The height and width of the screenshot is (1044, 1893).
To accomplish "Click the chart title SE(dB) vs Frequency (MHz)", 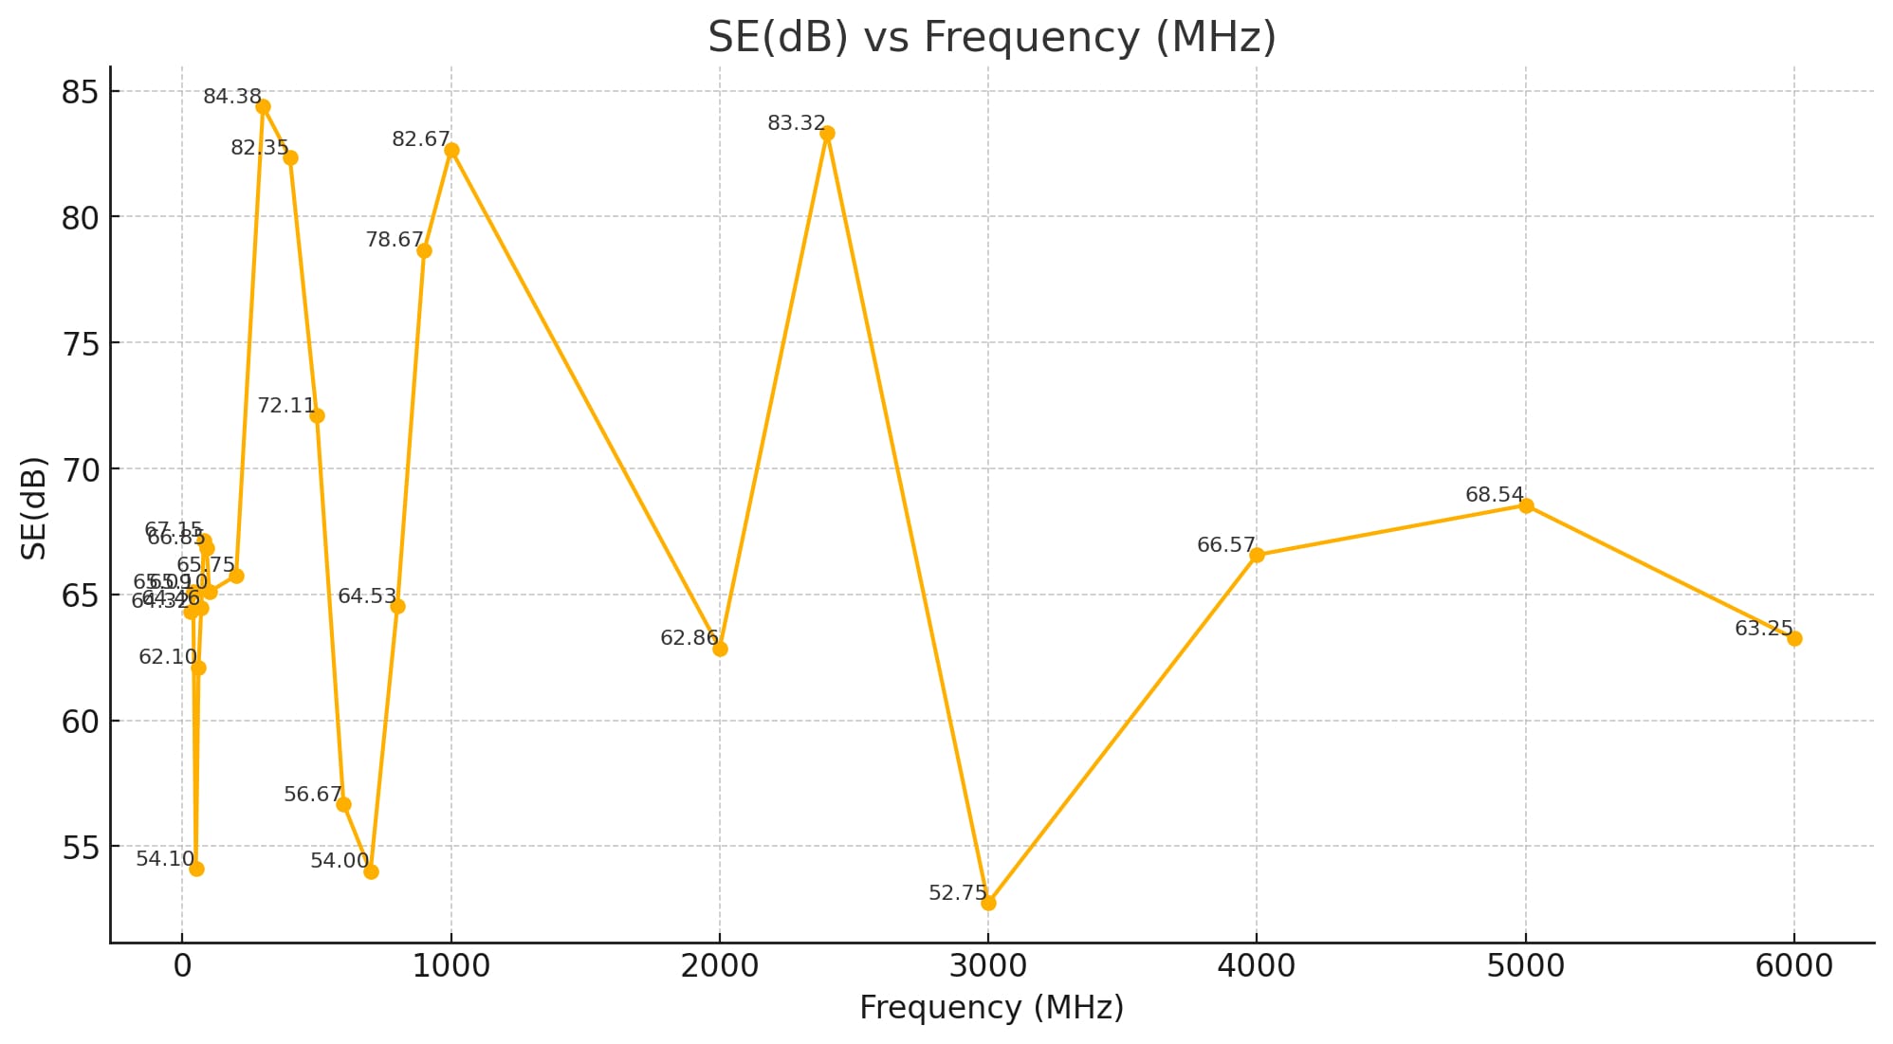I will point(991,38).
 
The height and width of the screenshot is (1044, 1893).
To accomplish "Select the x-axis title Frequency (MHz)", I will point(991,1007).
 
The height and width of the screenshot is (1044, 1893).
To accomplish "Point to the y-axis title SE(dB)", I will point(34,507).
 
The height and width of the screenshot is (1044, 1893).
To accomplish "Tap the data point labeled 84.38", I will point(263,107).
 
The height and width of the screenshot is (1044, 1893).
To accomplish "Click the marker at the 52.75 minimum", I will point(988,903).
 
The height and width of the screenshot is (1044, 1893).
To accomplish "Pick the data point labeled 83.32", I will point(827,134).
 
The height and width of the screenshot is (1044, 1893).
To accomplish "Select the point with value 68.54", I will point(1526,506).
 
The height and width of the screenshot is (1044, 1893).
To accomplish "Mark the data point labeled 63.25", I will point(1794,639).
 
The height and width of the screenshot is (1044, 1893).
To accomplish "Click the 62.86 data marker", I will point(720,649).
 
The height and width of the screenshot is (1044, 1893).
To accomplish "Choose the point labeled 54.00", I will point(371,871).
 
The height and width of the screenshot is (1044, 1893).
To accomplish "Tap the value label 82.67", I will point(420,139).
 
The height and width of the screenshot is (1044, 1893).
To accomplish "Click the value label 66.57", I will point(1225,545).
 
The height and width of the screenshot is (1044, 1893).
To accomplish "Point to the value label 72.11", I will point(285,406).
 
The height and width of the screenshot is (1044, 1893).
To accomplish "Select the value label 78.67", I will point(394,240).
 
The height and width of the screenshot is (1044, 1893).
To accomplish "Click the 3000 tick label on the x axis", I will point(988,966).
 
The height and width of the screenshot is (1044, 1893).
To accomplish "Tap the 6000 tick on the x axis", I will point(1794,966).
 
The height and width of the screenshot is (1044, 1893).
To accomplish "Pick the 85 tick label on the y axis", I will point(80,93).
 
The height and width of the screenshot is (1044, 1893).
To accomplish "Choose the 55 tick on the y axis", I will point(80,848).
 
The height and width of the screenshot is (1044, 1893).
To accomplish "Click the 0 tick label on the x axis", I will point(182,966).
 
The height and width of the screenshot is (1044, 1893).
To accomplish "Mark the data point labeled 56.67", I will point(343,804).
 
